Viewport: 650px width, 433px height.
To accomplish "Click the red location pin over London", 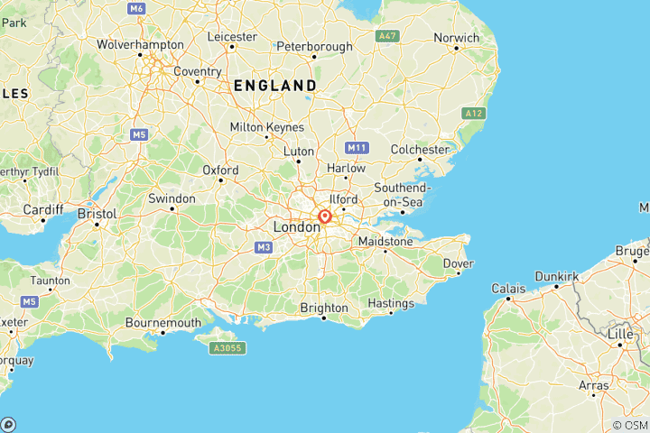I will tap(324, 216).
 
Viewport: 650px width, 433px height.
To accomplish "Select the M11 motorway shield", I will tap(357, 147).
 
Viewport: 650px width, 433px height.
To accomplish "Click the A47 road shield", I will tap(386, 35).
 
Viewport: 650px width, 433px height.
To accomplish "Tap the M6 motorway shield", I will tap(136, 8).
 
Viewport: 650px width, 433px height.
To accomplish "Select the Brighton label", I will tap(324, 308).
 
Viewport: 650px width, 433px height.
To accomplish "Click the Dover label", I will tap(459, 263).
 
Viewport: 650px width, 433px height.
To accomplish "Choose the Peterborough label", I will tap(314, 46).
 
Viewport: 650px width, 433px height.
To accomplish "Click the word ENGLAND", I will tap(274, 86).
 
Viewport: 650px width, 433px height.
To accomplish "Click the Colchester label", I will tap(420, 149).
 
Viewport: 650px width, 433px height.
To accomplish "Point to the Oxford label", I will tap(220, 170).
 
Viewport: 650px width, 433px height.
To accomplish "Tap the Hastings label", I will tap(391, 303).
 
